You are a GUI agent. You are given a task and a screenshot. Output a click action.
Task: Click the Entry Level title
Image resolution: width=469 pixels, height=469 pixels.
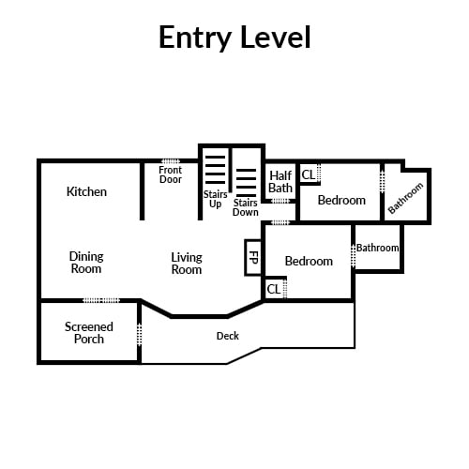click(234, 38)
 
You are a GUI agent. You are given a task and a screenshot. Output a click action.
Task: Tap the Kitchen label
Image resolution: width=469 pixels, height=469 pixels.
click(86, 191)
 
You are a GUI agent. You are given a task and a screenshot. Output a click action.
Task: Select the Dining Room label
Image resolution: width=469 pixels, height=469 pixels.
click(86, 263)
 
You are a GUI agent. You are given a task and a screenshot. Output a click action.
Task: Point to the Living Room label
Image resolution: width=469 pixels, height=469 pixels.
click(187, 264)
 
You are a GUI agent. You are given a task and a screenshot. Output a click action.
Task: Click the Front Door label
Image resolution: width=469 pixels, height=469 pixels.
click(171, 174)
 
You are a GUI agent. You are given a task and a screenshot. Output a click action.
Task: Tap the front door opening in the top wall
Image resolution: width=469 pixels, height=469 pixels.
click(171, 161)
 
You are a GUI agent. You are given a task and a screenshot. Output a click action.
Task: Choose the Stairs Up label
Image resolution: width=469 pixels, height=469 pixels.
click(215, 199)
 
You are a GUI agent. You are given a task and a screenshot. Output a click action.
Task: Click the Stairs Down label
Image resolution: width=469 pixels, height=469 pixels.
click(246, 207)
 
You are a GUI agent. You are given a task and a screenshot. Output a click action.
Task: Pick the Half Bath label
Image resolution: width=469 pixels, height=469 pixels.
click(280, 182)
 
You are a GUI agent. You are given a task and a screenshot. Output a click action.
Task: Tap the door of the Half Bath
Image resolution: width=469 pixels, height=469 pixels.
click(280, 201)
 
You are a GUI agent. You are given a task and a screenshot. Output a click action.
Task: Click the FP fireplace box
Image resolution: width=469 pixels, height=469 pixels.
click(252, 258)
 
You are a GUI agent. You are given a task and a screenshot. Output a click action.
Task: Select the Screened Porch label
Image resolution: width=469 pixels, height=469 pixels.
click(89, 333)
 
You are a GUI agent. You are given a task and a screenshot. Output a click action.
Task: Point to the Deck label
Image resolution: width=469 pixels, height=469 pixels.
click(228, 336)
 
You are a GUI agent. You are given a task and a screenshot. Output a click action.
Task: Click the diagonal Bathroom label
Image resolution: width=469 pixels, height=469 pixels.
click(405, 198)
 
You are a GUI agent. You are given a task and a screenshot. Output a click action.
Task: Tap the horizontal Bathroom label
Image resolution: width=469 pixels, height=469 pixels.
click(378, 248)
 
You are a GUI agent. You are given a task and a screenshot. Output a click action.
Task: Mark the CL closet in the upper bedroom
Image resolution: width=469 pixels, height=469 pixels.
click(309, 174)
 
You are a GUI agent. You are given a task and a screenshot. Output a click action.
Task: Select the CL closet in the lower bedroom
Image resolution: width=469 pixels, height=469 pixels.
click(274, 289)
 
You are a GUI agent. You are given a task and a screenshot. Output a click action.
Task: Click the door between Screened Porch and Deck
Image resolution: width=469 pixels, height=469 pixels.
click(140, 335)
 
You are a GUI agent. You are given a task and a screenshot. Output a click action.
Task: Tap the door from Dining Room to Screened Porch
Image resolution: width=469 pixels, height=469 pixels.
click(101, 300)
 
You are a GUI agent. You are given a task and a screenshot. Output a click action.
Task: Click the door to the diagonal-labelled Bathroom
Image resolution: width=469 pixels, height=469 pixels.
click(382, 181)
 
